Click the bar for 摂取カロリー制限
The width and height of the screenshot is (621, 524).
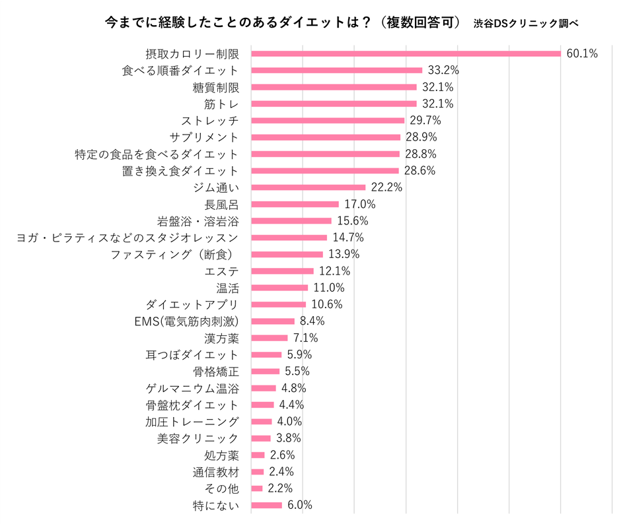[406, 53]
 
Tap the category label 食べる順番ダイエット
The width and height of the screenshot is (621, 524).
[180, 70]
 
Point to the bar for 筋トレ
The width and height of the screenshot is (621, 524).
[334, 104]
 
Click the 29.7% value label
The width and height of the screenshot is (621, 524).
[424, 121]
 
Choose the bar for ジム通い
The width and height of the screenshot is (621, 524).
[309, 187]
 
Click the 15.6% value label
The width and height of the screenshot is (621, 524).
[351, 221]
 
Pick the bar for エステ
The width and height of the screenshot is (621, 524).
[283, 271]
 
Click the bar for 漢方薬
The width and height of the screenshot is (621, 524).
[270, 338]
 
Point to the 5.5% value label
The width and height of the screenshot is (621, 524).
[297, 372]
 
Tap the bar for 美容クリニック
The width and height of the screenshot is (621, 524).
[261, 438]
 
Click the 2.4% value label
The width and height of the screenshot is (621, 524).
[281, 472]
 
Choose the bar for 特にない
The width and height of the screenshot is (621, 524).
[267, 506]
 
